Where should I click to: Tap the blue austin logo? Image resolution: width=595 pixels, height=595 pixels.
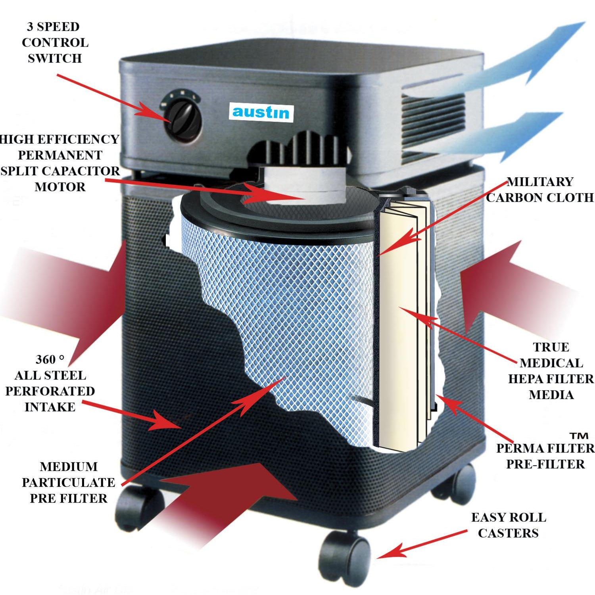click(x=261, y=112)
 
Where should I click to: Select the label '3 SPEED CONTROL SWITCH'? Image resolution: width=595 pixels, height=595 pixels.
click(x=54, y=42)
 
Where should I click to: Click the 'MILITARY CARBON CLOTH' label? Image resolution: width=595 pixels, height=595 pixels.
click(x=539, y=190)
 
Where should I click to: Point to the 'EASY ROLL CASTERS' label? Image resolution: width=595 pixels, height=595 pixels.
click(x=508, y=525)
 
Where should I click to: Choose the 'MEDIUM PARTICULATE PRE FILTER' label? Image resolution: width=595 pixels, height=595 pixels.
click(x=69, y=482)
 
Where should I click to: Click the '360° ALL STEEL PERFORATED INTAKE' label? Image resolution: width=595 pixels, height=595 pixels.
click(x=50, y=383)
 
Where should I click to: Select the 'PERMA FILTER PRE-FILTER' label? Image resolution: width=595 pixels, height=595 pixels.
click(x=545, y=456)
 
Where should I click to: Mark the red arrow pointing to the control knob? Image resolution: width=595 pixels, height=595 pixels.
click(x=115, y=97)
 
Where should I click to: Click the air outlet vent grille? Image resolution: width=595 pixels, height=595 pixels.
click(x=432, y=127)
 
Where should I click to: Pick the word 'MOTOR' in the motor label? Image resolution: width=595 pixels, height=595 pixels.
click(x=60, y=186)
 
